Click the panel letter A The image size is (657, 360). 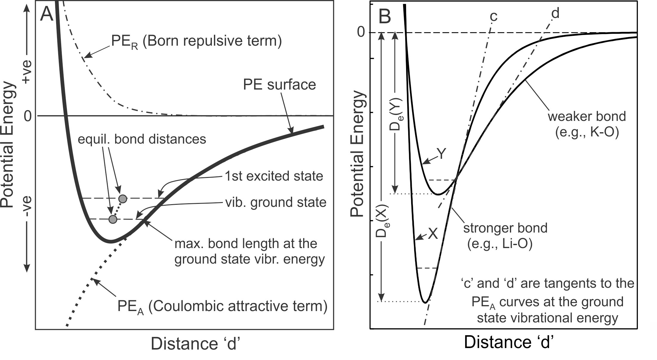coord(47,14)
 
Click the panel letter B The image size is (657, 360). coord(385,16)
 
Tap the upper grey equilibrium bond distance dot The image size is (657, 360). coord(123,199)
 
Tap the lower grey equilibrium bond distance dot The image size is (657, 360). coord(112,219)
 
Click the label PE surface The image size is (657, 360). coord(279,84)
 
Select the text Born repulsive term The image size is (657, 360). coord(212,41)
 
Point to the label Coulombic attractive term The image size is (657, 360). coord(237,307)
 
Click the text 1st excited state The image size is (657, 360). coord(274,176)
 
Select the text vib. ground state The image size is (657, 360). coord(276,202)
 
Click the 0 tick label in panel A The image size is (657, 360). coord(28,116)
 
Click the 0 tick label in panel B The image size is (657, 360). coord(361,32)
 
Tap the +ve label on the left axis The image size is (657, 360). coord(27,72)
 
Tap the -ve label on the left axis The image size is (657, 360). coord(27,209)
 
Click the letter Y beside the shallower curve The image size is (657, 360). coord(441,154)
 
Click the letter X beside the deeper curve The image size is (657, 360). coord(433,234)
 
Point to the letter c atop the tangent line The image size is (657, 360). coord(494,16)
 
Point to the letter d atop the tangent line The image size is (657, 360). coord(555,13)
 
